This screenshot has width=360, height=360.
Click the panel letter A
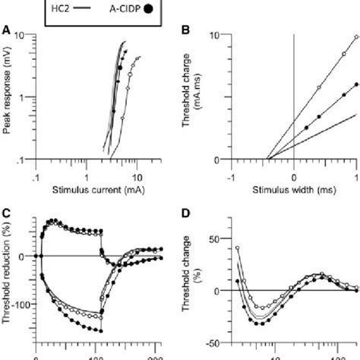pos(6,30)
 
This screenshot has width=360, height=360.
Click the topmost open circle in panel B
pos(356,36)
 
